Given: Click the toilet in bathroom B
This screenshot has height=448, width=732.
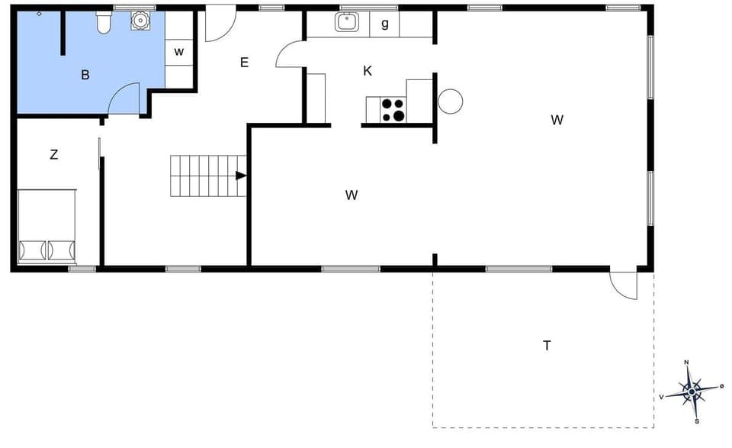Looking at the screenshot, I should coord(104,24).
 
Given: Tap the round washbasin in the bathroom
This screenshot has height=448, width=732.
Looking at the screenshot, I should coord(141,21).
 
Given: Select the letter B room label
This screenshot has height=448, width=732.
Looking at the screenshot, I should coord(85,75).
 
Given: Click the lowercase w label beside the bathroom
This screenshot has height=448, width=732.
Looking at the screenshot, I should coord(179,52).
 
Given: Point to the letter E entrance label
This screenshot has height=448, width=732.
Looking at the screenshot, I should coord(244,63).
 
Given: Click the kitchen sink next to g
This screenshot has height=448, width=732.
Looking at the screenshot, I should coord(347,22).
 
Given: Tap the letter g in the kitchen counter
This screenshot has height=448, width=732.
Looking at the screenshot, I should coord(385,24).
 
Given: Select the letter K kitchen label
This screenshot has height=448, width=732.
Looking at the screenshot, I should coord(368,71).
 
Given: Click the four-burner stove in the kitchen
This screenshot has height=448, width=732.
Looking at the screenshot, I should coord(393,110).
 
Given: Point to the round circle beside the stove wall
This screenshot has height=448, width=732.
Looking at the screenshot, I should coord(450,101).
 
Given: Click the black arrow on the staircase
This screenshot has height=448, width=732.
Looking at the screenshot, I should coord(241,176).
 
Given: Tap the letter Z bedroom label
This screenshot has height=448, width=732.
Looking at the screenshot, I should coord(53,155).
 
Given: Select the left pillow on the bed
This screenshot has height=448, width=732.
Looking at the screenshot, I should coord(33,250).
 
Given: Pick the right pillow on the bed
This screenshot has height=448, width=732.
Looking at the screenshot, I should coord(62,250).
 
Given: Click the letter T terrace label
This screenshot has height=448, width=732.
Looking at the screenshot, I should coord(547,346).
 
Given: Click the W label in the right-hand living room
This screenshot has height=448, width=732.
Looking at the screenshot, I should coord(557,120).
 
